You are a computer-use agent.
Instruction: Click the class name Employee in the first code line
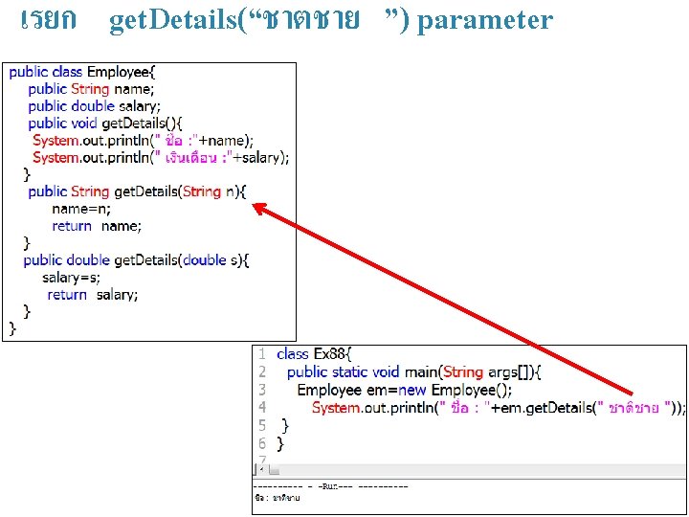[x=118, y=72]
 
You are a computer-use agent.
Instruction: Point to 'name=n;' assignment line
[x=81, y=209]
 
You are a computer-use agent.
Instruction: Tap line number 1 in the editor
[x=262, y=354]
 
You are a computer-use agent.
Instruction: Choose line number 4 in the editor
[x=262, y=408]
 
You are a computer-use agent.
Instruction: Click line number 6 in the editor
[x=262, y=444]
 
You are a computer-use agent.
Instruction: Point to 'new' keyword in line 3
[x=412, y=390]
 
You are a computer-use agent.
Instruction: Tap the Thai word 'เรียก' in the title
[x=47, y=20]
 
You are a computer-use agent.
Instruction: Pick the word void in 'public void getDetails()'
[x=82, y=124]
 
